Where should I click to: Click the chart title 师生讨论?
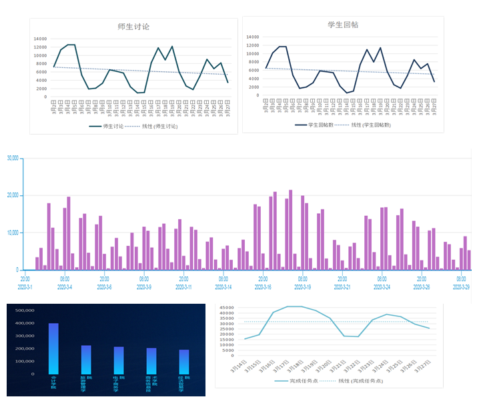pyautogui.click(x=133, y=27)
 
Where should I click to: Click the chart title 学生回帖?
pyautogui.click(x=343, y=25)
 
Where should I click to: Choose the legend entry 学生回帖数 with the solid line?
pyautogui.click(x=323, y=125)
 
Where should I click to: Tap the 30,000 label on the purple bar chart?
pyautogui.click(x=12, y=159)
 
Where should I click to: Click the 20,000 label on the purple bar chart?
pyautogui.click(x=12, y=195)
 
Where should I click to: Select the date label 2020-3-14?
pyautogui.click(x=223, y=287)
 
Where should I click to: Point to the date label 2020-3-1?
pyautogui.click(x=25, y=287)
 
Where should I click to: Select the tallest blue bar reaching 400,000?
pyautogui.click(x=53, y=348)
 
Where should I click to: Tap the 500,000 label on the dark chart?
pyautogui.click(x=24, y=310)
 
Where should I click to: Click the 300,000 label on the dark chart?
pyautogui.click(x=24, y=336)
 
